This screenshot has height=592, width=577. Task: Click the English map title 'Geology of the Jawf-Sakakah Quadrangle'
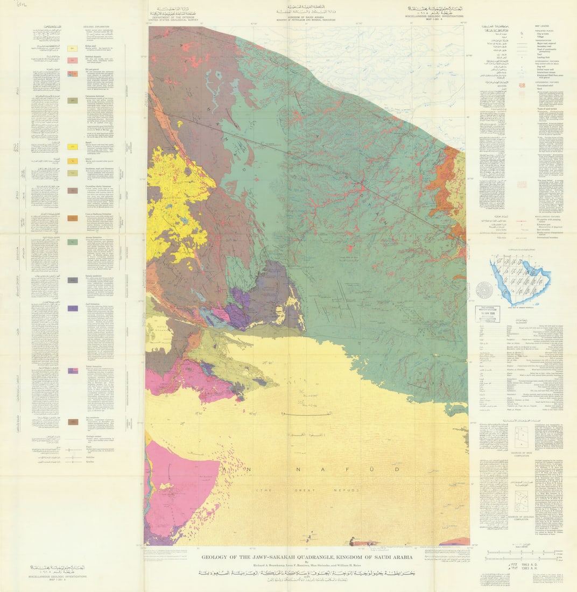[307, 557]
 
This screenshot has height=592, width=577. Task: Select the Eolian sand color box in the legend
[73, 48]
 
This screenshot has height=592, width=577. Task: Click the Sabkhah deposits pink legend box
[73, 60]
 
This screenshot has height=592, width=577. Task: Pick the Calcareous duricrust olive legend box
[73, 101]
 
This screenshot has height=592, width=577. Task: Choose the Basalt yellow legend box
[73, 146]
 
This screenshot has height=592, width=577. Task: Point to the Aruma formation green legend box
[73, 242]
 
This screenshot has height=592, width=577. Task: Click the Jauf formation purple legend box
[73, 308]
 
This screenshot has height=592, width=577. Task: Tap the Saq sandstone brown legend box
[73, 422]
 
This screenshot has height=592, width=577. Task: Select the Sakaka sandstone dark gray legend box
[73, 280]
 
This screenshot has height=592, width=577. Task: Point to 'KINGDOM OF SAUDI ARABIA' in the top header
[307, 18]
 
